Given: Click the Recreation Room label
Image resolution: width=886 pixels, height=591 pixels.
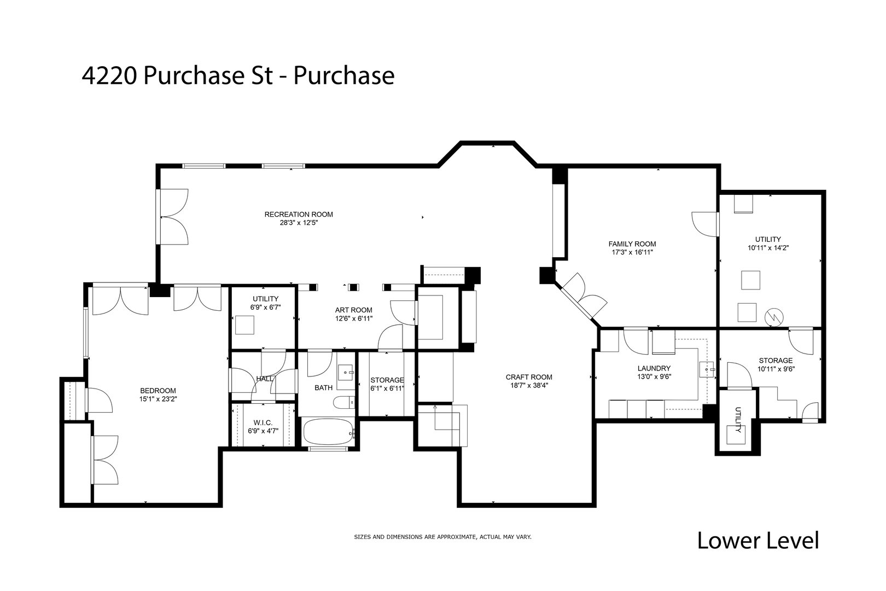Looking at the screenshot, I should [299, 214].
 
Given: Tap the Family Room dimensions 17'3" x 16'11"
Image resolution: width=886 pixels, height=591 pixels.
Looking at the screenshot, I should [632, 253].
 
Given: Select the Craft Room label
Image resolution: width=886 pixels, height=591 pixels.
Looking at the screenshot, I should [528, 377].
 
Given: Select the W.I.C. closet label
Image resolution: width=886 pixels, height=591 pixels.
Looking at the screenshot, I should [263, 422].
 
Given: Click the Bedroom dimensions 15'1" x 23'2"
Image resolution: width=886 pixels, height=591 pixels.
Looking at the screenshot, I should [158, 399].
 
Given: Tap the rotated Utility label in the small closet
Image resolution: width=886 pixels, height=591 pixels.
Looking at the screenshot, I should [737, 420].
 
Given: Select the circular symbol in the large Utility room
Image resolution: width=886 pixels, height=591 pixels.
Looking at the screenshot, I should [775, 316].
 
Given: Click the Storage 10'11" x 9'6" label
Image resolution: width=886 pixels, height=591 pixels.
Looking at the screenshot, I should [776, 361].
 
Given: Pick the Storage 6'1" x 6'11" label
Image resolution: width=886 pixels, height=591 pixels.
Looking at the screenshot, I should [387, 380].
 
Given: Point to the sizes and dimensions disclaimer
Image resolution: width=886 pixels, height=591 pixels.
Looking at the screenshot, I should [442, 537].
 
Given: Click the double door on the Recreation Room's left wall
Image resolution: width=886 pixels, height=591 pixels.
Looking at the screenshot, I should [173, 217].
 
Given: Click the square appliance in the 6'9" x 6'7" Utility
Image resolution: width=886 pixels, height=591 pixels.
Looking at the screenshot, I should [244, 325].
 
